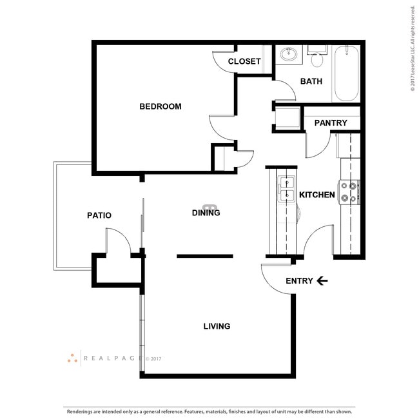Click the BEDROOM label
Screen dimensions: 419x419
point(160,106)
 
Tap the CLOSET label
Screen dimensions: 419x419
point(245,62)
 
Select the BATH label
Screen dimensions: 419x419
point(311,81)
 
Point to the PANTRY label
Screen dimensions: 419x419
point(331,123)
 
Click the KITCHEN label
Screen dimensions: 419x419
point(317,195)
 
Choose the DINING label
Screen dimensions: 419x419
point(206,213)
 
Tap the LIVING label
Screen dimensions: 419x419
point(217,326)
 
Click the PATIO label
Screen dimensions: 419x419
point(99,215)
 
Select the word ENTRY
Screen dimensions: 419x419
point(299,280)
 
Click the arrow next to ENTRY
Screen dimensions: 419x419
point(322,280)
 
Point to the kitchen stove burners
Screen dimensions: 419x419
point(349,192)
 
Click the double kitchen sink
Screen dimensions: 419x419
point(286,188)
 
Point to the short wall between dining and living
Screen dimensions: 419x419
point(204,256)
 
